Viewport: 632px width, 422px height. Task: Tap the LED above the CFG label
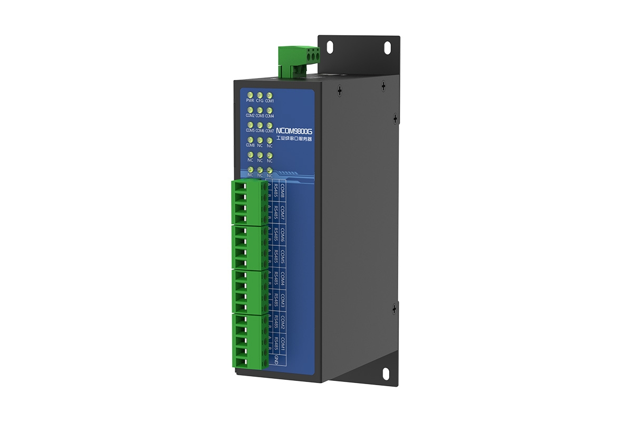[260, 94]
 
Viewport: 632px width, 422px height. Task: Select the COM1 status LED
[269, 94]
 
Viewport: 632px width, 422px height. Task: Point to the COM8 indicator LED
[250, 140]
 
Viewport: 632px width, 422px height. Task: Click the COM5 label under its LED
[250, 130]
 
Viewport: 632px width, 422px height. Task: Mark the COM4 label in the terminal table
[283, 280]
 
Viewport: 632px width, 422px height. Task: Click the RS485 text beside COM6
[275, 237]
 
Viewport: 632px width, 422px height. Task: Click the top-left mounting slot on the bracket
[330, 46]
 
